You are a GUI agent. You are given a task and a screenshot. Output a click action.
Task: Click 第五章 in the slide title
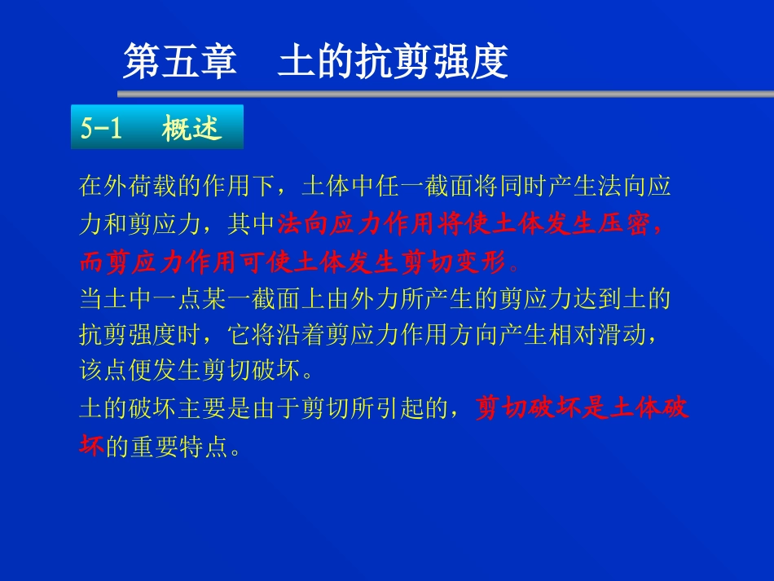[x=179, y=61]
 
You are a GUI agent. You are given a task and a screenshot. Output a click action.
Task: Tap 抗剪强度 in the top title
[x=432, y=61]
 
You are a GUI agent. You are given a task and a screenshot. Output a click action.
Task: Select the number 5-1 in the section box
[x=101, y=128]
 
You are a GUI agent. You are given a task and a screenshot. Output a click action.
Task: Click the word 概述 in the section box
[x=192, y=128]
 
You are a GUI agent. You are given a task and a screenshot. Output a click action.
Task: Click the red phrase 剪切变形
[x=464, y=262]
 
